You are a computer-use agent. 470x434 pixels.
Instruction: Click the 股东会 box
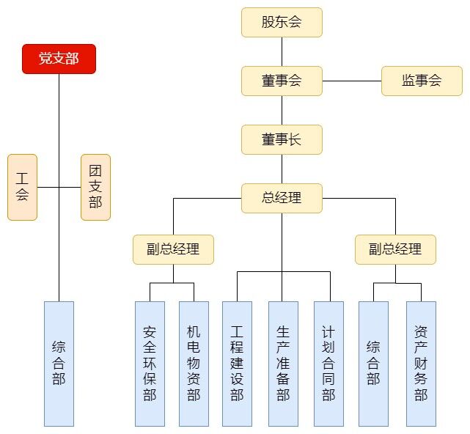tap(282, 22)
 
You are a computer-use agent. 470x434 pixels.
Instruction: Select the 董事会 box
tap(282, 81)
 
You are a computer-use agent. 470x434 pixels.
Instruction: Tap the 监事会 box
tap(422, 81)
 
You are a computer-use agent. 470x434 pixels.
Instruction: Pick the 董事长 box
tap(282, 139)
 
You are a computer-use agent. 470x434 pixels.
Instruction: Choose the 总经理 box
tap(282, 198)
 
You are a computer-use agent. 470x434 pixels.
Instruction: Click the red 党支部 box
tap(59, 59)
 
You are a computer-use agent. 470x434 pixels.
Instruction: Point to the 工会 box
tap(22, 187)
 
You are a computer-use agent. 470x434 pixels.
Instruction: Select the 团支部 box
tap(95, 187)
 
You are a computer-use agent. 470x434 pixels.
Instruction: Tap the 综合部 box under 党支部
tap(59, 363)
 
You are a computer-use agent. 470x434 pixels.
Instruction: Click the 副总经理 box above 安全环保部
tap(173, 249)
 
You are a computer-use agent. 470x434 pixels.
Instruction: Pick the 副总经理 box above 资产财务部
tap(395, 249)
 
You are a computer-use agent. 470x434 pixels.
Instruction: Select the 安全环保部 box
tap(150, 363)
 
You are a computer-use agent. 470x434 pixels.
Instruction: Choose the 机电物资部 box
tap(194, 363)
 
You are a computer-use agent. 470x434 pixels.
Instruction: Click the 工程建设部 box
tap(237, 363)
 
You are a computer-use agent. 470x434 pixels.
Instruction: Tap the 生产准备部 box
tap(283, 363)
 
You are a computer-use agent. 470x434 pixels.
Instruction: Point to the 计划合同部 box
tap(328, 363)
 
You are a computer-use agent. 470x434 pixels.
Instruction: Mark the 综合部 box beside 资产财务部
tap(373, 363)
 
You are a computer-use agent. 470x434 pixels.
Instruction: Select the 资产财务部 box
tap(421, 363)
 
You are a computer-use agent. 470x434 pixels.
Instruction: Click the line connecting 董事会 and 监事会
tap(352, 81)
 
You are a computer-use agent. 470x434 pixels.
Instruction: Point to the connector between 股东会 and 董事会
tap(282, 51)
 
